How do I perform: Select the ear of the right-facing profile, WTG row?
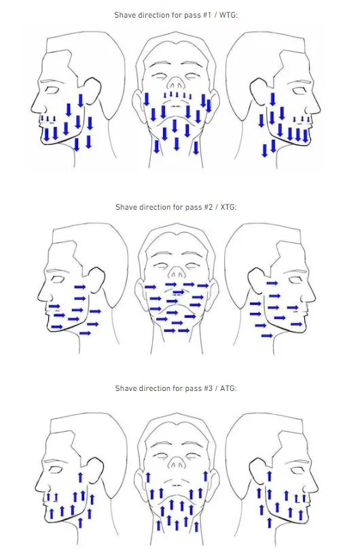tap(261, 83)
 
